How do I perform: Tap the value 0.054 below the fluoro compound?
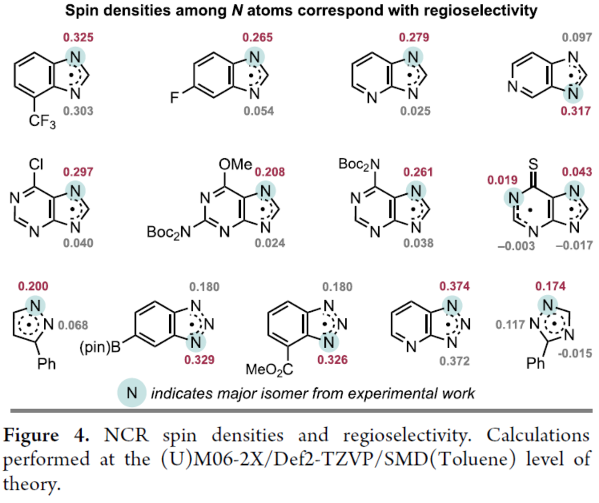[258, 111]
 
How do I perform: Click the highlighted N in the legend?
[132, 394]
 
